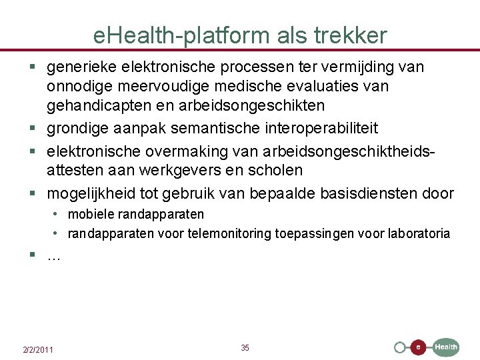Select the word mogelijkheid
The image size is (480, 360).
click(91, 193)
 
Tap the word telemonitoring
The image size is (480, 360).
click(231, 233)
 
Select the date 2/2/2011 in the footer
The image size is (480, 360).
click(39, 350)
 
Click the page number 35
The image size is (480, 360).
click(245, 347)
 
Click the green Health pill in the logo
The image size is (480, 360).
click(446, 347)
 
